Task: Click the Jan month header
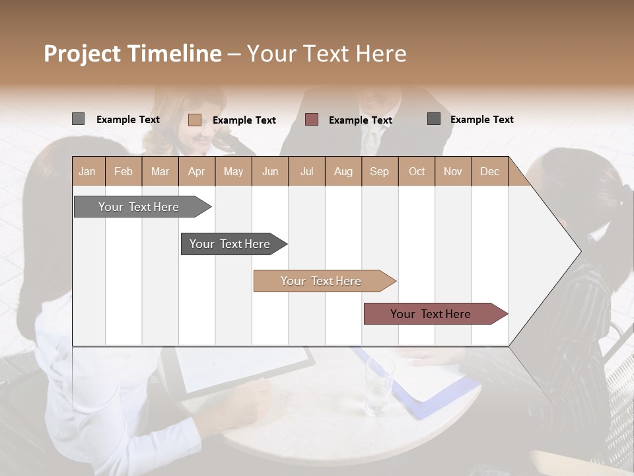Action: click(87, 171)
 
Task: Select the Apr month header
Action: click(196, 171)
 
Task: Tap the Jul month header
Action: click(306, 171)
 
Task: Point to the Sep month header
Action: click(379, 171)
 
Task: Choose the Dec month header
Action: click(489, 171)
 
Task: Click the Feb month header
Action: click(123, 171)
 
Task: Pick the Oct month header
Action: click(417, 171)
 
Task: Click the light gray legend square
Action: click(78, 119)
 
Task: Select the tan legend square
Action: click(194, 120)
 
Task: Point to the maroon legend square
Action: click(312, 120)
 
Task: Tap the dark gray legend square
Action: click(434, 119)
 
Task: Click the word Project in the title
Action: click(83, 54)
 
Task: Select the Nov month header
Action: click(453, 171)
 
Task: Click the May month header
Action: click(233, 171)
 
